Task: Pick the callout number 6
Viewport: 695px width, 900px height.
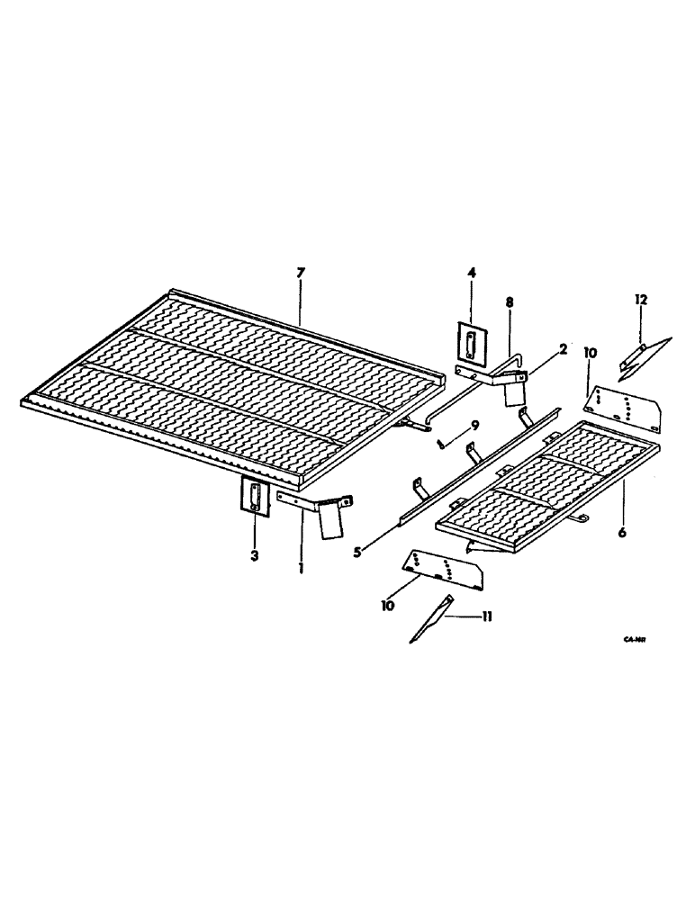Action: [622, 532]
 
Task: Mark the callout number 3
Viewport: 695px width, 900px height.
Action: [255, 556]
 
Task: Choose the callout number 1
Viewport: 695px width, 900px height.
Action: [302, 569]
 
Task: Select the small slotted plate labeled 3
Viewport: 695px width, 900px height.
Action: [255, 498]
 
